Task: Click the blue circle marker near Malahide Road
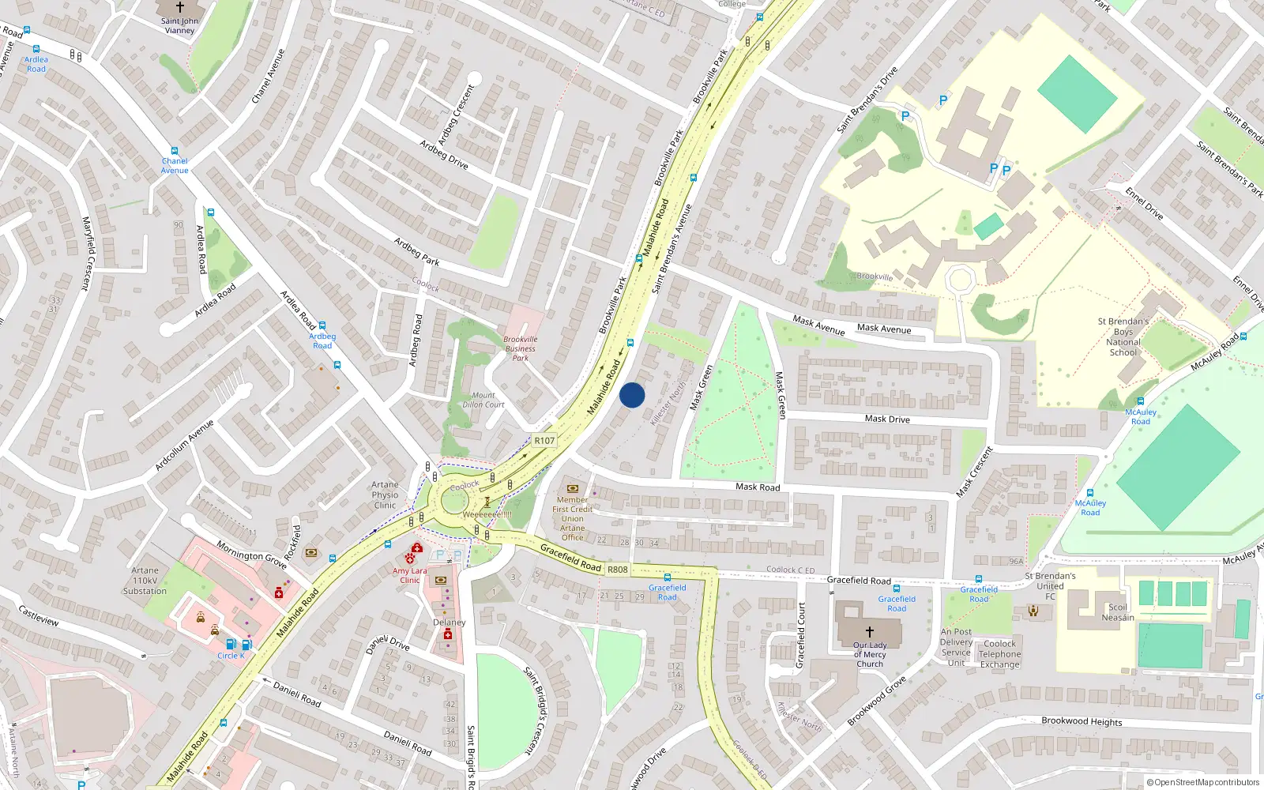632,395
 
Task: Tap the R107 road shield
544,441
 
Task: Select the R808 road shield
618,570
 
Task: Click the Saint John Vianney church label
180,26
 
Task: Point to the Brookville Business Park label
520,348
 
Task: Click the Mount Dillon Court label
483,400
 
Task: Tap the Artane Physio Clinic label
385,495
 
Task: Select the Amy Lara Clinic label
409,575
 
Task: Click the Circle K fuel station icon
231,645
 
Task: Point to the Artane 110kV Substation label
145,581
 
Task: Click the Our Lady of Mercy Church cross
870,632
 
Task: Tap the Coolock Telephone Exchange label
1000,654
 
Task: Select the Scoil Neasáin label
1118,612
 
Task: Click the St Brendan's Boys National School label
1123,337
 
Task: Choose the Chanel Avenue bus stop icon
175,151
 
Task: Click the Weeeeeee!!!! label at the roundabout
487,514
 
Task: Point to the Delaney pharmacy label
449,623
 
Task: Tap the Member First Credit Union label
572,518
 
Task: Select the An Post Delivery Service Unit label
956,647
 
